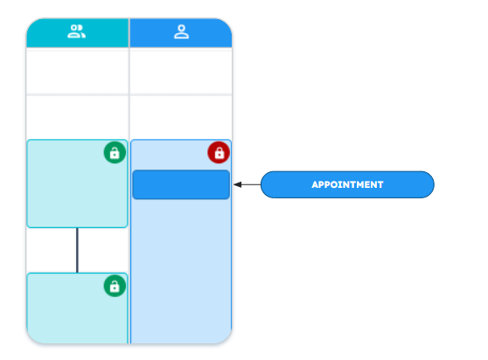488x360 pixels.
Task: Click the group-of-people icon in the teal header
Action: (77, 31)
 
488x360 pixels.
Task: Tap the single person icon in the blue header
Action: (181, 31)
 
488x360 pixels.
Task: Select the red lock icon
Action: (219, 153)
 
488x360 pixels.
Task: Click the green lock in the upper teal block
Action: (115, 153)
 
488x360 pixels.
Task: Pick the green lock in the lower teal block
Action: (115, 286)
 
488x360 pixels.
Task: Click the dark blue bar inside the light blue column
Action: (181, 184)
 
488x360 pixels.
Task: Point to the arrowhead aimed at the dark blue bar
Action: (238, 184)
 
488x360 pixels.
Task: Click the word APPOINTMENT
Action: (347, 184)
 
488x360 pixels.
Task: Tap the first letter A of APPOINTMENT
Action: (315, 184)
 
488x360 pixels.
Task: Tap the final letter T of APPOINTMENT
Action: (380, 184)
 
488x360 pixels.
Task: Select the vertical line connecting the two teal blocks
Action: (77, 250)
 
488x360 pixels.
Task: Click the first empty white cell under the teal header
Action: (77, 71)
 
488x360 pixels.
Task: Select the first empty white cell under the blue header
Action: (181, 71)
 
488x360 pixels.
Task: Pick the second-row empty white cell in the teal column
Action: (77, 117)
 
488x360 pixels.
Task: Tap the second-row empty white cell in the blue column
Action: (181, 117)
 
